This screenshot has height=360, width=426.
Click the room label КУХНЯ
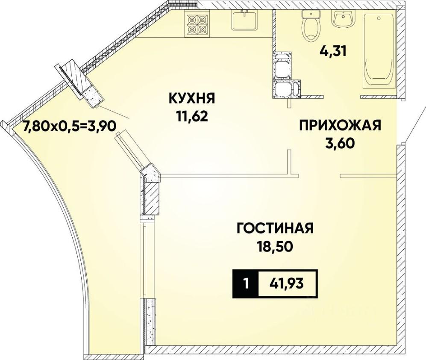point(192,98)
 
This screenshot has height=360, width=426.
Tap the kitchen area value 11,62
point(192,117)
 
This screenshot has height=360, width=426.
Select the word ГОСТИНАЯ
point(275,228)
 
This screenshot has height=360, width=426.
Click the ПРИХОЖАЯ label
point(341,126)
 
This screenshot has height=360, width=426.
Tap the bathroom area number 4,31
point(333,51)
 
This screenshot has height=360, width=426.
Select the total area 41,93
point(287,284)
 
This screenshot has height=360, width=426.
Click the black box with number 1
point(245,284)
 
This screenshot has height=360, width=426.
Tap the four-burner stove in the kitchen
point(197,24)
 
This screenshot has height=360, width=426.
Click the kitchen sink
point(244,20)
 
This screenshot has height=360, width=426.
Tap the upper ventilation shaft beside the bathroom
point(282,65)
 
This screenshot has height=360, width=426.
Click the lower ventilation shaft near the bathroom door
point(287,89)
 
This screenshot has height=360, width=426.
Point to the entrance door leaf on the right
point(416,124)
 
